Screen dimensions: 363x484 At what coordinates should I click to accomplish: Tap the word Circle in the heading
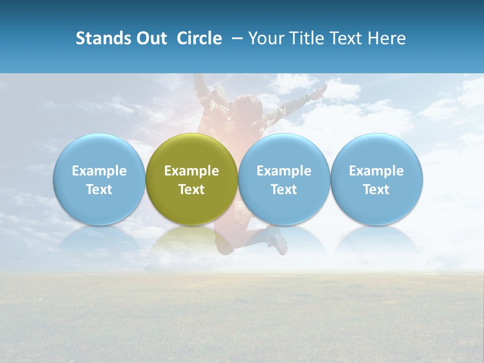point(199,38)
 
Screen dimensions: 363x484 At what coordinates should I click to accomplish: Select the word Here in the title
point(386,38)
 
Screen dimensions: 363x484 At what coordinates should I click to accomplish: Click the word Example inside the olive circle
point(192,171)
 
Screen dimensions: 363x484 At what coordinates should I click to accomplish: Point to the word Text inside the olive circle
point(192,190)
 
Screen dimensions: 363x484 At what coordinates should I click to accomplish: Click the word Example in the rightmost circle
point(377,171)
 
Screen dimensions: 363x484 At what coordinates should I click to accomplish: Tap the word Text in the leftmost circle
point(99,190)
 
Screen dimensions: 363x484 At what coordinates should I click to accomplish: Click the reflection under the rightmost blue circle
point(377,239)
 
